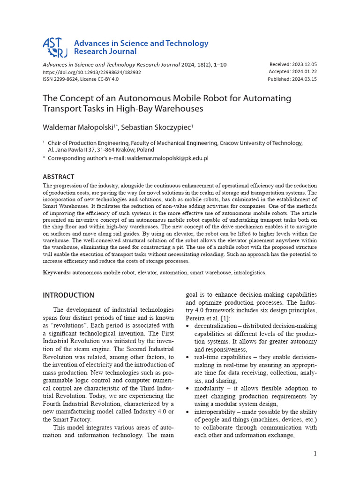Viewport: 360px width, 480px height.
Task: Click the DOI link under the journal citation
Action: pos(92,72)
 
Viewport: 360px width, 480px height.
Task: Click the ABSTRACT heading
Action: pos(59,177)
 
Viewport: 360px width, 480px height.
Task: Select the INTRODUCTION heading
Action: pos(68,295)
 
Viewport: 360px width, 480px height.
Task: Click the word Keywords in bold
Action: pos(57,272)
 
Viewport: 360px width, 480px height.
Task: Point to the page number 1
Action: pos(315,453)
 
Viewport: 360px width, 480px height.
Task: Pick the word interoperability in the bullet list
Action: pos(218,412)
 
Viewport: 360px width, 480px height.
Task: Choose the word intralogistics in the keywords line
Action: pos(249,272)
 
